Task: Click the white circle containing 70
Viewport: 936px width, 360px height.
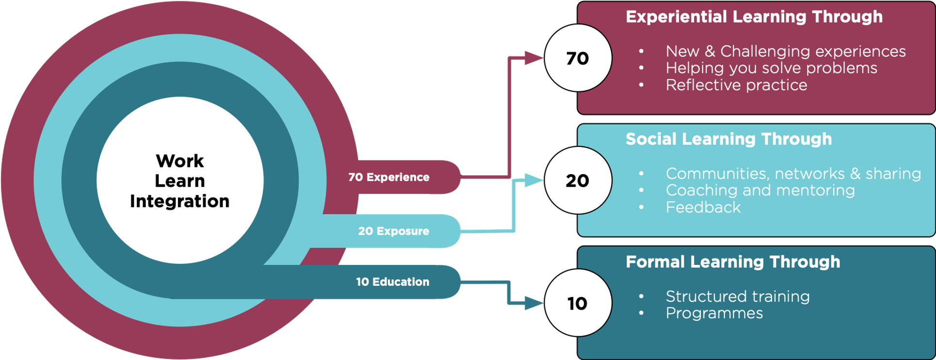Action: pyautogui.click(x=578, y=58)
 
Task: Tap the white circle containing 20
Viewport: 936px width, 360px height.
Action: pyautogui.click(x=578, y=180)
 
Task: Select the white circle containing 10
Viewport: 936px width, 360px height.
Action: pyautogui.click(x=578, y=303)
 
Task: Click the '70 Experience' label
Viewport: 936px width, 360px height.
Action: pyautogui.click(x=388, y=178)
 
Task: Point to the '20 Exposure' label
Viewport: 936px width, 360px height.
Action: pyautogui.click(x=393, y=231)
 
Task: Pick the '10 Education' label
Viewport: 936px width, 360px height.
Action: pyautogui.click(x=392, y=282)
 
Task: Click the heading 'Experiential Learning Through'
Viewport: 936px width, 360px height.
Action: pyautogui.click(x=754, y=17)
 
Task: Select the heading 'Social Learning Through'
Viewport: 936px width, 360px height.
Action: pyautogui.click(x=728, y=139)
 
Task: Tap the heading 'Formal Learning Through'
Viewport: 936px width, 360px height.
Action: pyautogui.click(x=732, y=262)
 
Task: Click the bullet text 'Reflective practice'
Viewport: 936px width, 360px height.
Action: pyautogui.click(x=736, y=85)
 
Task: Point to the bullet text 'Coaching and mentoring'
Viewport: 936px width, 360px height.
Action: pyautogui.click(x=760, y=190)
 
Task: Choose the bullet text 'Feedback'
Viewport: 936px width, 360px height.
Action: pyautogui.click(x=703, y=208)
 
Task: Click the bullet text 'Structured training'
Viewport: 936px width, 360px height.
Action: pyautogui.click(x=737, y=296)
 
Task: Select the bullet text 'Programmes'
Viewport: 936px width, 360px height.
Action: pyautogui.click(x=714, y=313)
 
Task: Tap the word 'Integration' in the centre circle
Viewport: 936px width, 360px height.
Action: pyautogui.click(x=179, y=201)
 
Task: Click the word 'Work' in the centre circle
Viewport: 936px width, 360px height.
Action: pyautogui.click(x=179, y=161)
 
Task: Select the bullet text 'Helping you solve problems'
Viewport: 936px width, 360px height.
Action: pyautogui.click(x=771, y=68)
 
